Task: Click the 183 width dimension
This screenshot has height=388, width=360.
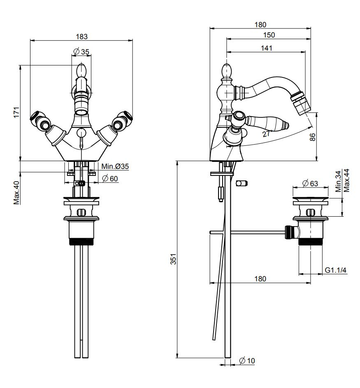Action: pos(82,36)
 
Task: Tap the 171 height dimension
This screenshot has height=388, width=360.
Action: pos(16,112)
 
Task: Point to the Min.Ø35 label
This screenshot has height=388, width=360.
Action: pos(115,166)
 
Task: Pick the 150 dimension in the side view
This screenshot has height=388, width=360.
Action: pos(269,35)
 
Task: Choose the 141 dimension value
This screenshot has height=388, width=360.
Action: pos(267,48)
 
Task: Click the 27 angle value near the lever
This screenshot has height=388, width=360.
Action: pos(266,133)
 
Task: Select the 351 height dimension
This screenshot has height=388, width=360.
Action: pos(173,259)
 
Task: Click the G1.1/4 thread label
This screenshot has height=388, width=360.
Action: pos(336,270)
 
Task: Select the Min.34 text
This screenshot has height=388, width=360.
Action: pos(338,182)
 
